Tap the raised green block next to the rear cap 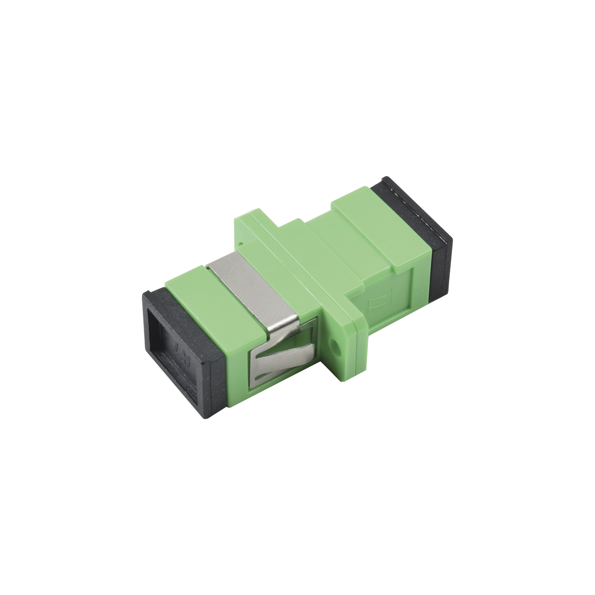364,216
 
